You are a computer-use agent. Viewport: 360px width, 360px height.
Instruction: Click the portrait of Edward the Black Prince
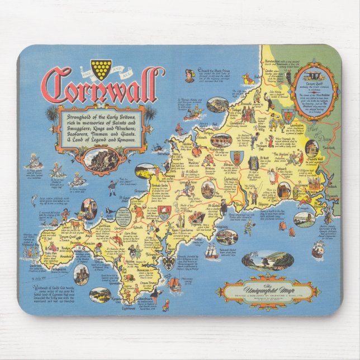coord(190,73)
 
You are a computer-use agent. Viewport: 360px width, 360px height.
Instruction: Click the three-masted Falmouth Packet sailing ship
coord(211,251)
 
